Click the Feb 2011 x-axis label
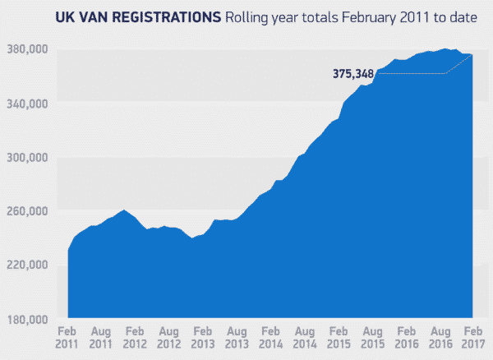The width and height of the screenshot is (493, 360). [68, 336]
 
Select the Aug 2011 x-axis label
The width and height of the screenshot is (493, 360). [102, 336]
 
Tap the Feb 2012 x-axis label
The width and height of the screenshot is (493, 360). [136, 336]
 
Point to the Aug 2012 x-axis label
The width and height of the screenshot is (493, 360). [169, 336]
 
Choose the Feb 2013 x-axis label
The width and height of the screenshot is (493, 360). [203, 336]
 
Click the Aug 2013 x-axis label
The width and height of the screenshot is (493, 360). [237, 336]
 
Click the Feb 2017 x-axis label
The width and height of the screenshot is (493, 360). [472, 336]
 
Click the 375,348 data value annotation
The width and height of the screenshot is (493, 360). [353, 74]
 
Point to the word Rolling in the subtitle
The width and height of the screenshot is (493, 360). [248, 16]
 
